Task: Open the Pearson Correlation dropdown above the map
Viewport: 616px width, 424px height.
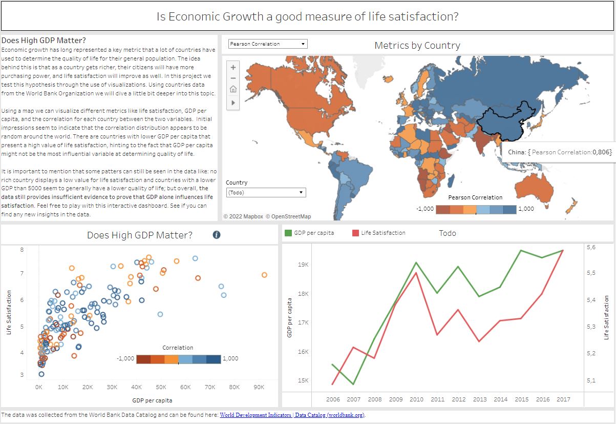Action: [x=267, y=44]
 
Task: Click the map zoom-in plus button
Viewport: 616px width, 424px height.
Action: [x=233, y=67]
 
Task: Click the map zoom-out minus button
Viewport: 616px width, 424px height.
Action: [x=233, y=78]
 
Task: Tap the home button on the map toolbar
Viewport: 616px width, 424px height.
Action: [x=233, y=89]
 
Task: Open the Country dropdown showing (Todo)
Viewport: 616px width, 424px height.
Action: [x=266, y=192]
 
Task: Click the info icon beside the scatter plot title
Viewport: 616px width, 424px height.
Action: [x=217, y=235]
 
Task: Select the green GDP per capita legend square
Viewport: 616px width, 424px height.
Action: [x=288, y=233]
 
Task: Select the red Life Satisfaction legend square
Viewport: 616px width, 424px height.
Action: [x=355, y=233]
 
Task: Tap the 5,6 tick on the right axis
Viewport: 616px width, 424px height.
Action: [x=591, y=247]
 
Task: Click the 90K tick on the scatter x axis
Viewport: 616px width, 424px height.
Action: [x=259, y=387]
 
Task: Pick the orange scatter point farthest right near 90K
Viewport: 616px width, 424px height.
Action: [x=264, y=275]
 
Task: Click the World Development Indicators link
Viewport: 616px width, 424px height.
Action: [x=256, y=415]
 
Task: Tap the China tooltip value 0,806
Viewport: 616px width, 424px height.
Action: [x=602, y=152]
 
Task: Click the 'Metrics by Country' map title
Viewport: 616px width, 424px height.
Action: [x=417, y=46]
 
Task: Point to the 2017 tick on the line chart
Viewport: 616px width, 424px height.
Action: [x=563, y=399]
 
